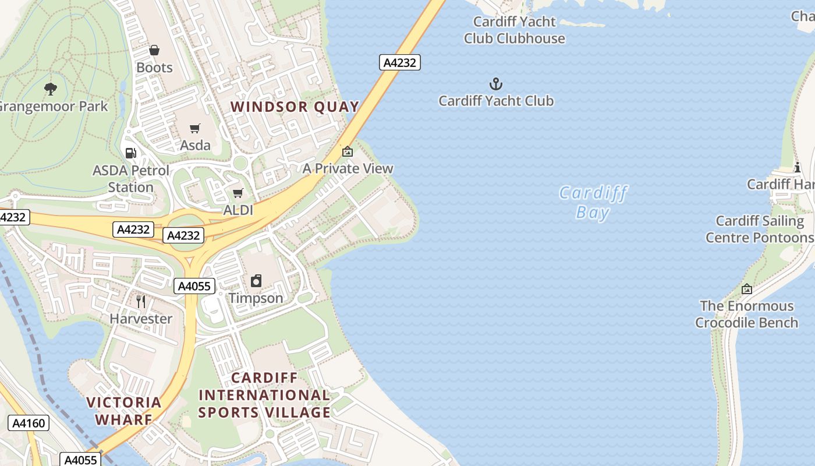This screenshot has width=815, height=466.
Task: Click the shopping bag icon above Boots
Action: [154, 51]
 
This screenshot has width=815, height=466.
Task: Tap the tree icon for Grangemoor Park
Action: [51, 89]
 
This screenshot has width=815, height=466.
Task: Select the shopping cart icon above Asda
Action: [195, 128]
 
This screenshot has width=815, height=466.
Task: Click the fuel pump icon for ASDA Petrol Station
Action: [131, 153]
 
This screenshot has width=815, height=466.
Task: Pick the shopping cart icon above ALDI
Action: [238, 193]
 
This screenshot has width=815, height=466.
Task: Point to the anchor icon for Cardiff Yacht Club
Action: [495, 84]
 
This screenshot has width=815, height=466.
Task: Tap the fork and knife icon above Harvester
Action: [140, 301]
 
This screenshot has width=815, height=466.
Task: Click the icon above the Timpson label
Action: [256, 281]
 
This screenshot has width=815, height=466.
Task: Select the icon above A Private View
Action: [348, 151]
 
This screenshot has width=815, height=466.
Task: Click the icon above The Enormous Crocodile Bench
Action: [746, 288]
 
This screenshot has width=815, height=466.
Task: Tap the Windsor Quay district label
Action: [295, 107]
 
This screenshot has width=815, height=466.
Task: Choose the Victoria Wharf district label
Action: [123, 411]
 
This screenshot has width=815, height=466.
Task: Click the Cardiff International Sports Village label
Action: [264, 395]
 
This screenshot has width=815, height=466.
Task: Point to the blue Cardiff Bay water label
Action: [593, 202]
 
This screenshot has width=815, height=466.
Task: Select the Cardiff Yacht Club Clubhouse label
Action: [515, 30]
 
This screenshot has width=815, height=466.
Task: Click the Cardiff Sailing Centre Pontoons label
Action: [760, 229]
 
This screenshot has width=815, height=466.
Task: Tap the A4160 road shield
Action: [29, 423]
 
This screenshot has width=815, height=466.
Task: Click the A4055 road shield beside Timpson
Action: [194, 286]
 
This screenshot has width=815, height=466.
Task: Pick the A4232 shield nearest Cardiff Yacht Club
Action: [400, 62]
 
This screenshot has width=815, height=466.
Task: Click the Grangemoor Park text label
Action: [52, 107]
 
